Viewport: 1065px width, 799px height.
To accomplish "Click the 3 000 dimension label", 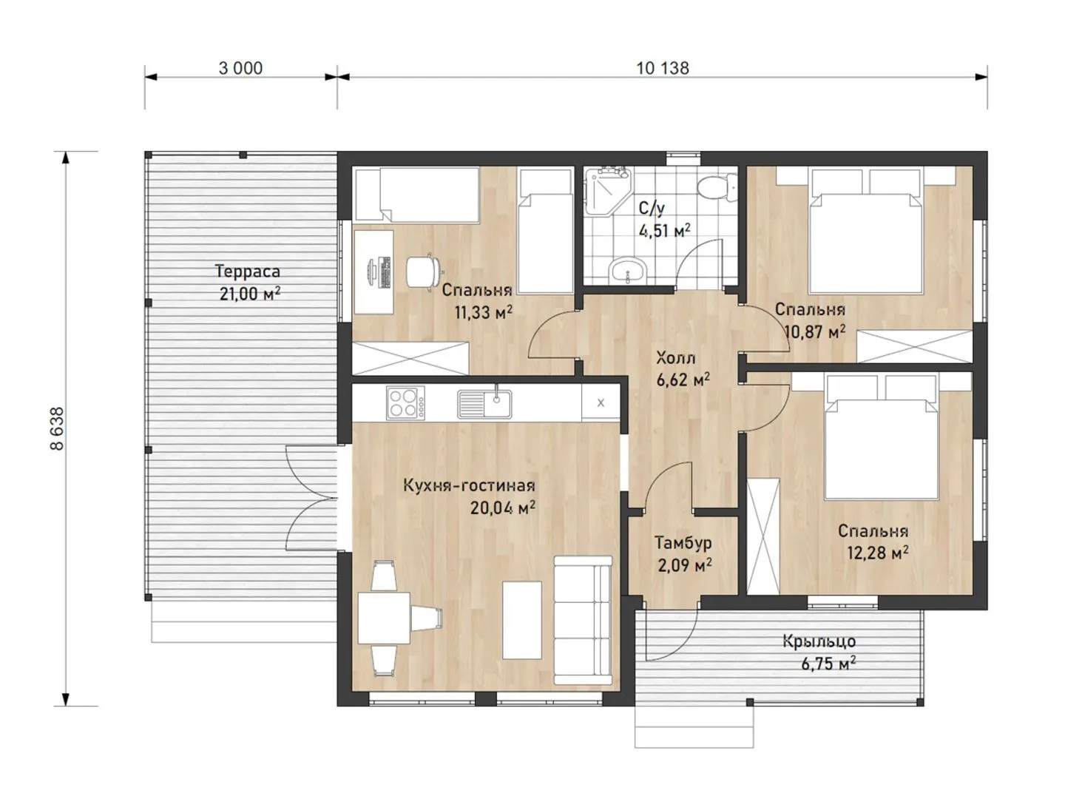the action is [x=240, y=68].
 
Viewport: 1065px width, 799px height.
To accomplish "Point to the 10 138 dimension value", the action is [x=662, y=68].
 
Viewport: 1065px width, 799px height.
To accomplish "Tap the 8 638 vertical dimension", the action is [x=57, y=428].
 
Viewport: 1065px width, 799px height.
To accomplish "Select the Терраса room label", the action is [x=248, y=272].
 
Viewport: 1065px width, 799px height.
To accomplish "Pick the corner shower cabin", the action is [x=607, y=192].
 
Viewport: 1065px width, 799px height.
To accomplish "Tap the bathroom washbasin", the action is [x=628, y=270].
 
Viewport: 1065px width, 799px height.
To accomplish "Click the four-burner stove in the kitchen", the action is [x=405, y=402].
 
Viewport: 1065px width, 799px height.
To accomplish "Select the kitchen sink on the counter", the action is [x=484, y=404].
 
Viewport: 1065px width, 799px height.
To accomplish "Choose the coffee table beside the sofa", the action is [x=521, y=620].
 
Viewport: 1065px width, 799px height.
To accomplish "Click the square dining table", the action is [x=384, y=618].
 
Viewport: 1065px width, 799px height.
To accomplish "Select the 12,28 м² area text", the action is [x=877, y=553].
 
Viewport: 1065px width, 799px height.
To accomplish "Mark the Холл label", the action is [x=675, y=359].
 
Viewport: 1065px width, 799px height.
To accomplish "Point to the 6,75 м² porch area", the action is [x=828, y=663].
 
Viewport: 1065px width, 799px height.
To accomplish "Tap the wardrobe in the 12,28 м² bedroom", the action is [x=763, y=536].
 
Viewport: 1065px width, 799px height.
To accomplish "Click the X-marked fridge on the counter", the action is [x=601, y=402].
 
